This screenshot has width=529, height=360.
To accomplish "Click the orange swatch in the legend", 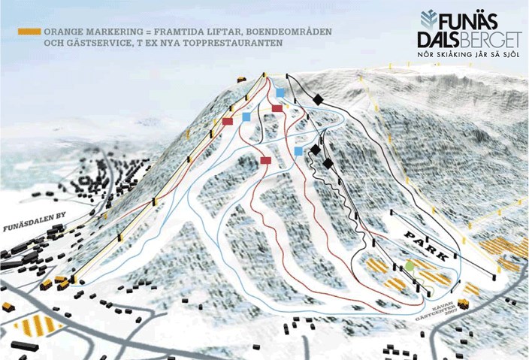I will click(29, 32).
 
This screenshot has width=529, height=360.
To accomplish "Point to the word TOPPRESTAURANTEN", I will click(238, 45).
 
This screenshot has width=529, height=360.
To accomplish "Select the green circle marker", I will click(410, 266).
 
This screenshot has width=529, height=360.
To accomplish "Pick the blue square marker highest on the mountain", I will click(280, 92).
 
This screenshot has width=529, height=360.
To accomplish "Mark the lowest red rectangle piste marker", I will click(265, 159).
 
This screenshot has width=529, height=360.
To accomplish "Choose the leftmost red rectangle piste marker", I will click(228, 121).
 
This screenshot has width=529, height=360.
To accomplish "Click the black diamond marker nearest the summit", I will click(317, 99).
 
